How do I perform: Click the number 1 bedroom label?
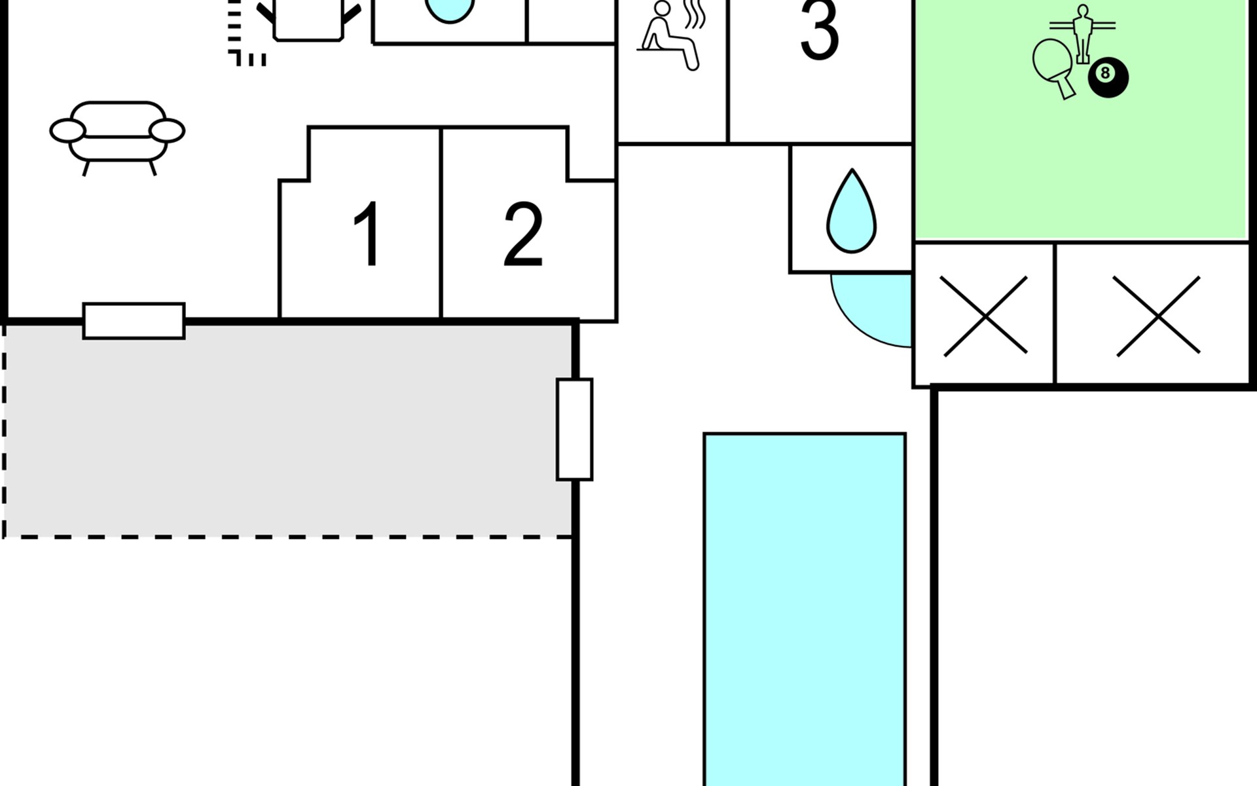(367, 234)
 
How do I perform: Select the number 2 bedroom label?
(523, 234)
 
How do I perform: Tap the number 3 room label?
(820, 30)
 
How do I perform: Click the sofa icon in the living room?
(117, 135)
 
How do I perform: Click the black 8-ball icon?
(1108, 77)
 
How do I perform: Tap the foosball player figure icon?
(1082, 33)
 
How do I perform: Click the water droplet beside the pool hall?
(851, 213)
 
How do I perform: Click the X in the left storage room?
(984, 316)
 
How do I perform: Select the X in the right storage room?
(1157, 316)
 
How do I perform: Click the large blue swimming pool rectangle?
(805, 609)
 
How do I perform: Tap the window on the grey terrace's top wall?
(134, 321)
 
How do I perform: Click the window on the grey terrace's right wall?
(574, 430)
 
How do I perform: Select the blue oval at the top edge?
(449, 10)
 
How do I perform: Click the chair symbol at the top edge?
(308, 20)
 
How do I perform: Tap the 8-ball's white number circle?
(1105, 73)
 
